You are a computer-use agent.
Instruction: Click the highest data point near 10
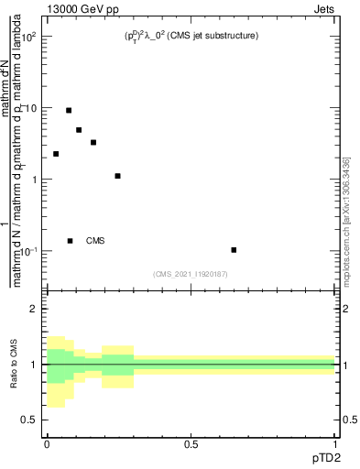point(69,110)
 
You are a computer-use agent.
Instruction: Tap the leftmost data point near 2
point(56,154)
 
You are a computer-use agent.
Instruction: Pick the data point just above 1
point(118,175)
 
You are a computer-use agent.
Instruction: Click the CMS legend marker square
point(70,241)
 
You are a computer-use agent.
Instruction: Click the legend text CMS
point(95,241)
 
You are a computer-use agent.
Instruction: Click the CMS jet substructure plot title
point(191,36)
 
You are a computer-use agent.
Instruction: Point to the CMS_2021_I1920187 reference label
point(191,274)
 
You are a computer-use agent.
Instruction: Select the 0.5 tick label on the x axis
point(191,443)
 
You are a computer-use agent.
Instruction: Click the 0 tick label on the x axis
point(47,443)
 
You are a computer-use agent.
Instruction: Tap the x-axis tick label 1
point(335,443)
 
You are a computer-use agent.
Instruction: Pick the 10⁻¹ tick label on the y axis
point(30,251)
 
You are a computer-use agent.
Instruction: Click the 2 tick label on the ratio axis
point(33,309)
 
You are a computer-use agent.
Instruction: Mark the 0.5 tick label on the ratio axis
point(30,420)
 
